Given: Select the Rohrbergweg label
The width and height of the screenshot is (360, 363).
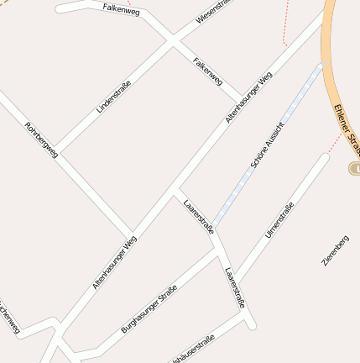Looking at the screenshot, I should point(41,140).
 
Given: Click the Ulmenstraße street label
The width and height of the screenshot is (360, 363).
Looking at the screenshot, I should point(279,220).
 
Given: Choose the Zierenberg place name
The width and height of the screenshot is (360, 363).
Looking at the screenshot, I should point(335,250).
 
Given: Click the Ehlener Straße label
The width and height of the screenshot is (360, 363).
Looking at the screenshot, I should point(346,128).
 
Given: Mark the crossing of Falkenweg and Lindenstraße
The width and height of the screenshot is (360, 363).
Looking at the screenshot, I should point(173,39).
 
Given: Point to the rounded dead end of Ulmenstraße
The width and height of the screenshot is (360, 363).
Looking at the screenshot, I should point(325,156).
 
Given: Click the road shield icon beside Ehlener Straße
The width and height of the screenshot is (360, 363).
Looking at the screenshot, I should point(354,169).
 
